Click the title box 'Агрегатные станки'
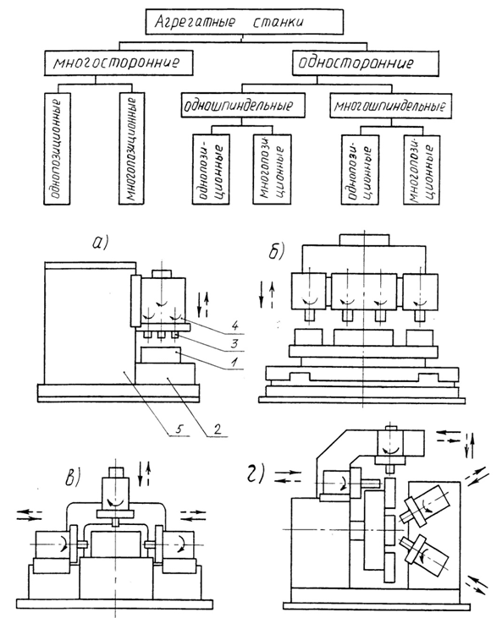click(x=244, y=22)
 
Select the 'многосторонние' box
click(x=119, y=63)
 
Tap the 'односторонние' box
click(x=365, y=63)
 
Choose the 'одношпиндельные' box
click(x=243, y=105)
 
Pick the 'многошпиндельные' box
click(x=391, y=106)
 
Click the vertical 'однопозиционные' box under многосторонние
click(x=58, y=149)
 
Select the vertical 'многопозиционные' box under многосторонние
click(x=131, y=149)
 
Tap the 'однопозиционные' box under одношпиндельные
click(x=211, y=169)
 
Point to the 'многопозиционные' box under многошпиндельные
click(x=422, y=170)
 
